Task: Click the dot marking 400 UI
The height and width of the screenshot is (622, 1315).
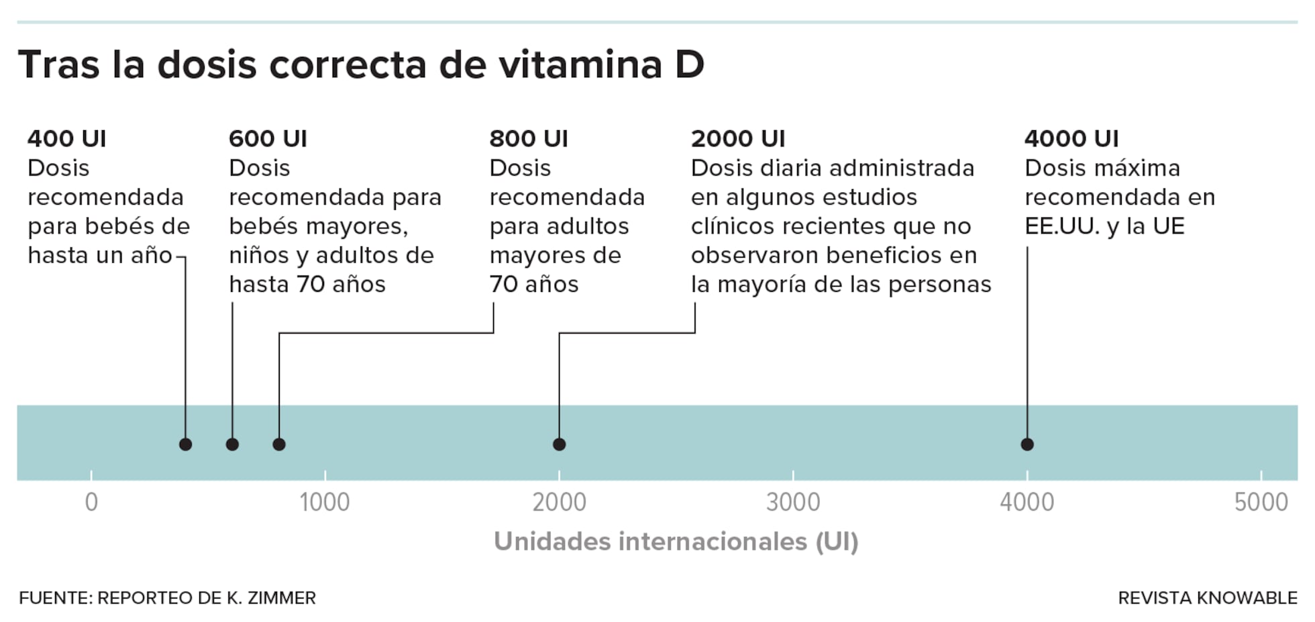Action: tap(186, 444)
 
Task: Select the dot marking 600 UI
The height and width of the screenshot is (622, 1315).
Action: tap(232, 444)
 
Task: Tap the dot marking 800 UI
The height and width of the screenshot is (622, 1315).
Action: tap(279, 444)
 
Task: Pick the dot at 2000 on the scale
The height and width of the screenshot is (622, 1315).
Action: tap(559, 444)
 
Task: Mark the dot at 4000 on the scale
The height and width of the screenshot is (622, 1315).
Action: tap(1027, 444)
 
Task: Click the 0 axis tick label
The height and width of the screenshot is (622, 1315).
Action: tap(91, 502)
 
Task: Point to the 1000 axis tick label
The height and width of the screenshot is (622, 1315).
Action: tap(325, 502)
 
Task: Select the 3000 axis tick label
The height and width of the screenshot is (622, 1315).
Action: tap(793, 502)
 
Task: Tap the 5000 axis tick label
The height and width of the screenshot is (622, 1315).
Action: tap(1261, 502)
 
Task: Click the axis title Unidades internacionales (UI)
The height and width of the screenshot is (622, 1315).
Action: tap(676, 541)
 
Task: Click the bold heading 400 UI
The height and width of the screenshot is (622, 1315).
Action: tap(66, 138)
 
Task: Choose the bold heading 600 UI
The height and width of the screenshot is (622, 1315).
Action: tap(268, 138)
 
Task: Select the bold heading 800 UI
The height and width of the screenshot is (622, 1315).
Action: tap(528, 138)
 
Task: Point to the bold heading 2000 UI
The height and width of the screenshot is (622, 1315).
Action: tap(737, 138)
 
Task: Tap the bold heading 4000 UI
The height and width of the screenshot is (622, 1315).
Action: tap(1071, 138)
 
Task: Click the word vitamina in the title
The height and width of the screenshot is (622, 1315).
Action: tap(580, 65)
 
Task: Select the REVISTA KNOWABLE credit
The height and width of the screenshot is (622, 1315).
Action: tap(1207, 598)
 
